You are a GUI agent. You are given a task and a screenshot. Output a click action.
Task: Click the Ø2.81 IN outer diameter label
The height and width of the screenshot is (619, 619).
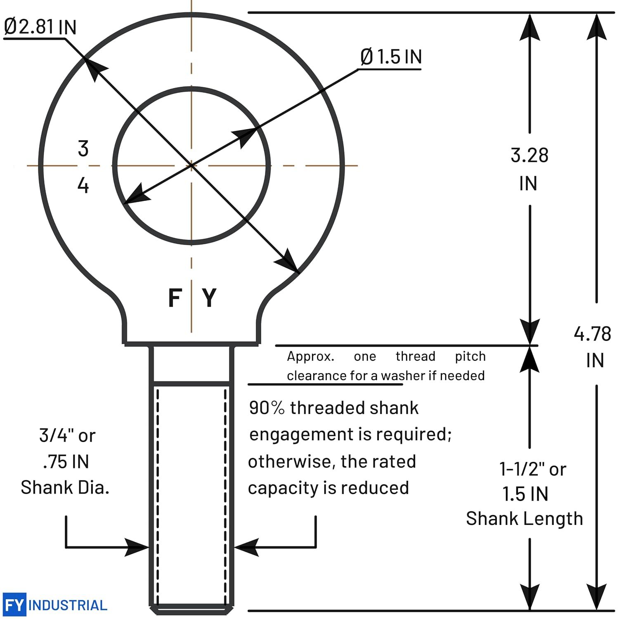[40, 27]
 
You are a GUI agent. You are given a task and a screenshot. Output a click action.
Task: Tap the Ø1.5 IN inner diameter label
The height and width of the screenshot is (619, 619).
[391, 57]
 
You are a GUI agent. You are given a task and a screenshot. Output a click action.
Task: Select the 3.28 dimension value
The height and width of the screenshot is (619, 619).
[529, 156]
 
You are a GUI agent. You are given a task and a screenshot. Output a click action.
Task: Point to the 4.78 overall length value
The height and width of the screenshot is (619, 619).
[592, 334]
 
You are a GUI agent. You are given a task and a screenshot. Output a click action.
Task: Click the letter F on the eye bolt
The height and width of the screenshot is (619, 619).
[175, 298]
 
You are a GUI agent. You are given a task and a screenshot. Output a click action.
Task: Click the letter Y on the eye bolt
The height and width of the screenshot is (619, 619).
[209, 298]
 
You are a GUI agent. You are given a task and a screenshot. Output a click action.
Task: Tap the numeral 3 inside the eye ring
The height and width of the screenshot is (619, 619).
[83, 149]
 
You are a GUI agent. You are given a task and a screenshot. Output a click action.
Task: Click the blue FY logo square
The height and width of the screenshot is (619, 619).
[14, 605]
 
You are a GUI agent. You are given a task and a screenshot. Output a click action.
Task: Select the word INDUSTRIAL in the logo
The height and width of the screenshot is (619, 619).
[68, 605]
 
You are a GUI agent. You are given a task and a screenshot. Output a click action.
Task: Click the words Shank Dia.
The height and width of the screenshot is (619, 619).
[65, 487]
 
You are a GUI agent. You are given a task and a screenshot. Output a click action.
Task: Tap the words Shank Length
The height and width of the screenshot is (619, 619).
[524, 519]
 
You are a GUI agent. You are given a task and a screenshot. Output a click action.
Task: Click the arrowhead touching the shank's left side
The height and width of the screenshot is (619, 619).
[137, 547]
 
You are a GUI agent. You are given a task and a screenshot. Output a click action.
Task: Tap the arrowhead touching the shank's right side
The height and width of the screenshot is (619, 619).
[246, 547]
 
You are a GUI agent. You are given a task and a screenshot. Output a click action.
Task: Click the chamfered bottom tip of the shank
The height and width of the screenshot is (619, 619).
[191, 610]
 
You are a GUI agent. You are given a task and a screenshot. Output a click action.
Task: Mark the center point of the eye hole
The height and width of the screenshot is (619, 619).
[191, 165]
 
